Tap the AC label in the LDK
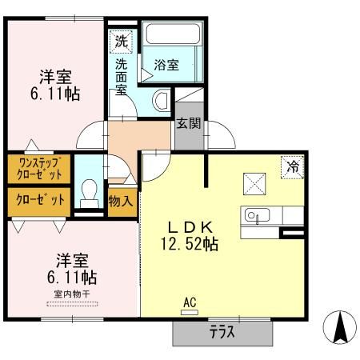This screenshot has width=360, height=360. (190, 302)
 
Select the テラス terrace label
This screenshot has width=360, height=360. (221, 332)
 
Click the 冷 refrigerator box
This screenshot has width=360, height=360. (292, 167)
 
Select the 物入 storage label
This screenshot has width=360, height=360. (120, 201)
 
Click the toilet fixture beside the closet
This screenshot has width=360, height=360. (90, 192)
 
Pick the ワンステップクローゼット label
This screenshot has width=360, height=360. (38, 169)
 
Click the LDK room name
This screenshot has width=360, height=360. (190, 226)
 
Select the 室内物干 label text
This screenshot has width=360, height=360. (73, 293)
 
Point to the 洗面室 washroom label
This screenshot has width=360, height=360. (120, 76)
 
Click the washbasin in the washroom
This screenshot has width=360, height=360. (161, 100)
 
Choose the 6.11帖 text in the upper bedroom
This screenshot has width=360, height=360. (55, 94)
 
